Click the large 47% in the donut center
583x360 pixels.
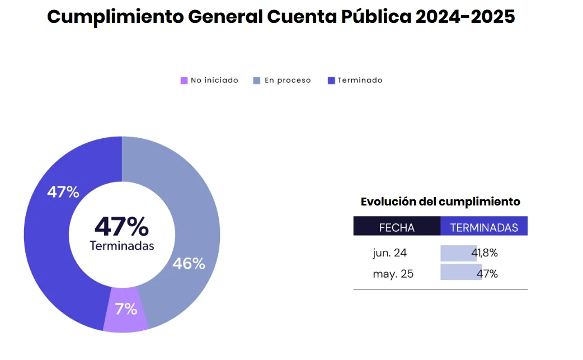point(121,227)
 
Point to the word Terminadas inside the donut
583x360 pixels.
point(121,245)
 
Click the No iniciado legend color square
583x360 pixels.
point(184,81)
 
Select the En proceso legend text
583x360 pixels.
point(288,81)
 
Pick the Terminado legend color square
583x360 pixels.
point(331,81)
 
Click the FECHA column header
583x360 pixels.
point(397,228)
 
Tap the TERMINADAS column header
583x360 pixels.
point(484,228)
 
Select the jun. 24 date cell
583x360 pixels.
point(389,253)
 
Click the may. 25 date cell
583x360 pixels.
point(393,274)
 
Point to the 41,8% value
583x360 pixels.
point(485,253)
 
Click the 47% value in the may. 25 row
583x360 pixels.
point(487,274)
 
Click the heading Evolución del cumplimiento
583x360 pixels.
point(440,202)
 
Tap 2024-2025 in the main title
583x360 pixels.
point(465,17)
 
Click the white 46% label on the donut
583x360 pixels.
point(189,263)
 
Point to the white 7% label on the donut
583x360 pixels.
point(126,308)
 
